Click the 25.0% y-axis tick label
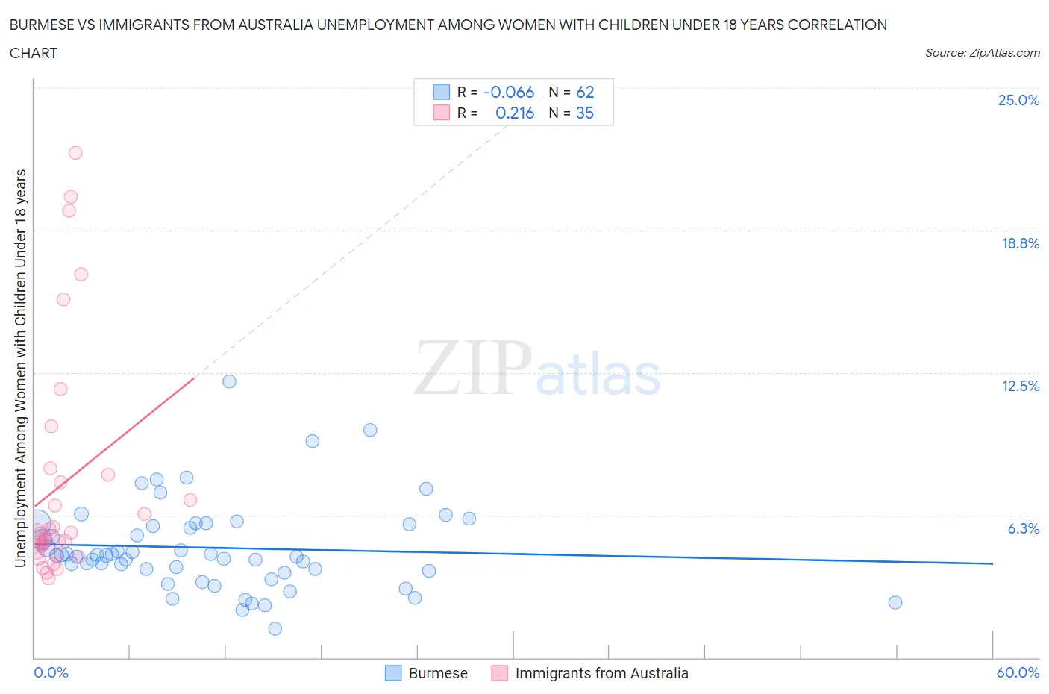point(1018,100)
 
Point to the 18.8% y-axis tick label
point(1020,243)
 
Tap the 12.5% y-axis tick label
point(1020,386)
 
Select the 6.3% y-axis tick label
point(1023,528)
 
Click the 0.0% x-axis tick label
point(51,672)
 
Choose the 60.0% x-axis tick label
point(1018,672)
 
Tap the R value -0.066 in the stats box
point(509,92)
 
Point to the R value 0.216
point(515,113)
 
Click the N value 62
point(585,92)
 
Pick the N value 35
point(585,113)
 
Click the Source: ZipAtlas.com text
point(982,52)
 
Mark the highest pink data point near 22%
point(75,153)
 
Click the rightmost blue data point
point(895,602)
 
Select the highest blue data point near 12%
point(229,381)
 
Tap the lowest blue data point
point(275,628)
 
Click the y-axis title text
point(20,368)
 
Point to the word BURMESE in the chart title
point(42,25)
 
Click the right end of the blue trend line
point(992,563)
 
